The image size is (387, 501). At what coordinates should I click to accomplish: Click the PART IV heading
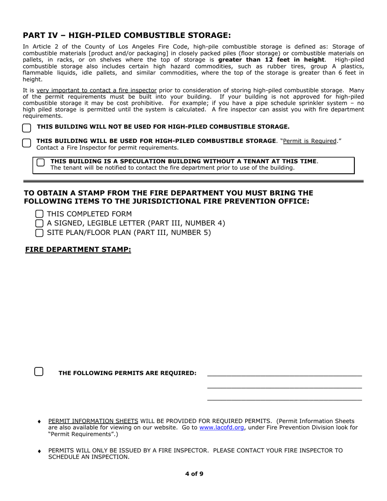(x=127, y=35)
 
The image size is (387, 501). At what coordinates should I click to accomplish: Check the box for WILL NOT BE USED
(x=26, y=128)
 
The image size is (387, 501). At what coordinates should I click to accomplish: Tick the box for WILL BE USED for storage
(x=26, y=143)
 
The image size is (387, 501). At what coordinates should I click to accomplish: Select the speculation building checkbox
(x=41, y=163)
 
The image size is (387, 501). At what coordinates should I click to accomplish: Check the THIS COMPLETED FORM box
(x=40, y=214)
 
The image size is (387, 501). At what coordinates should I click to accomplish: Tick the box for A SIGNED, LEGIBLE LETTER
(x=40, y=223)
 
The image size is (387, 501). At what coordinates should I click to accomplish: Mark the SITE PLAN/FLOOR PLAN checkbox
(x=40, y=233)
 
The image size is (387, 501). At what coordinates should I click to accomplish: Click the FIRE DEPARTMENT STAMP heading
(x=78, y=249)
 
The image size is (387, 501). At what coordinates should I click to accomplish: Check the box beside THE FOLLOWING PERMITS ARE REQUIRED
(x=39, y=371)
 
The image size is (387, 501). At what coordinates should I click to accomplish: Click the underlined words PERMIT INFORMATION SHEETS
(x=93, y=421)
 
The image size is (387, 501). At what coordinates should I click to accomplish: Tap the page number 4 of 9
(x=194, y=474)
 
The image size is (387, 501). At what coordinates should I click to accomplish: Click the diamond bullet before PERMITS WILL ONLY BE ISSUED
(x=40, y=451)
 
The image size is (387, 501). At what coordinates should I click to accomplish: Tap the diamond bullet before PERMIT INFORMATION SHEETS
(x=40, y=421)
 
